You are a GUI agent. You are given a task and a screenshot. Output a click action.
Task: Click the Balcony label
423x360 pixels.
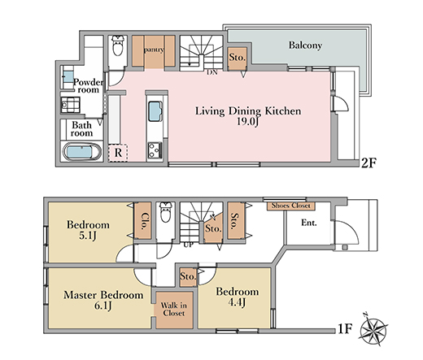[305, 46]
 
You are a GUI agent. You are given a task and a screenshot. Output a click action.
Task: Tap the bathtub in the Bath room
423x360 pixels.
[82, 152]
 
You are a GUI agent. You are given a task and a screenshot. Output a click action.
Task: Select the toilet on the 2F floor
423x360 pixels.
[118, 46]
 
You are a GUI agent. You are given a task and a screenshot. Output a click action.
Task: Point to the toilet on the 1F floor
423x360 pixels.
[165, 212]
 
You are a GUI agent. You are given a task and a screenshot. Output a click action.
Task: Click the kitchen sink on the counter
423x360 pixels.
[155, 111]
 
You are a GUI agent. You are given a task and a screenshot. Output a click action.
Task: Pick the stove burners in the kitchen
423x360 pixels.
[155, 150]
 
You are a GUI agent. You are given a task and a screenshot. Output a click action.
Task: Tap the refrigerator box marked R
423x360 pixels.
[118, 153]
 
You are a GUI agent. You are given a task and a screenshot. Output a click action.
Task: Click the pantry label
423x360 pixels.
[154, 50]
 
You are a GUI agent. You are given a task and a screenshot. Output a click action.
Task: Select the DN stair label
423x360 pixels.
[212, 72]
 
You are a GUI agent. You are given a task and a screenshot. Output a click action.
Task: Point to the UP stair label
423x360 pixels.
[188, 245]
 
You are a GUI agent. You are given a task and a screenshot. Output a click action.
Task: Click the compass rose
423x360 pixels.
[373, 328]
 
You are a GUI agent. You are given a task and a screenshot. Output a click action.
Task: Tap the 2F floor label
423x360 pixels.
[369, 163]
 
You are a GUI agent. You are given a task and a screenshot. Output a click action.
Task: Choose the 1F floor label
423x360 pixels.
[345, 329]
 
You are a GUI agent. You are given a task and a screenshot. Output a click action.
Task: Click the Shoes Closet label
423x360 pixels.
[291, 206]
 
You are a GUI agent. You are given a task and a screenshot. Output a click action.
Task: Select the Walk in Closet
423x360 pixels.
[174, 310]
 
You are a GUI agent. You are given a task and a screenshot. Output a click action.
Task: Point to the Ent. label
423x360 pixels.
[309, 223]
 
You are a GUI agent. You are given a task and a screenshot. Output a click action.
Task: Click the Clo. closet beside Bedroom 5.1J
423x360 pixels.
[143, 221]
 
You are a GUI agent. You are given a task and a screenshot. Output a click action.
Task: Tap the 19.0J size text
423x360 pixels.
[247, 121]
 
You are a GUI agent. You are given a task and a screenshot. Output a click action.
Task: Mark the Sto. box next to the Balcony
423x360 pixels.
[238, 58]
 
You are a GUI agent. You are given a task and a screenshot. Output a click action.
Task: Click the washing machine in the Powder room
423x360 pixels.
[70, 105]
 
